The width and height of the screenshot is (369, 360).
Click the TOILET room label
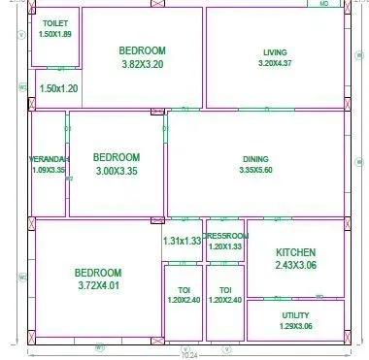55,23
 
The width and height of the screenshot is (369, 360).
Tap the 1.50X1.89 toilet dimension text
55,34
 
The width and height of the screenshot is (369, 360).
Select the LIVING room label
275,52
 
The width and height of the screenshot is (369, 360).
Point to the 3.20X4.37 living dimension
275,63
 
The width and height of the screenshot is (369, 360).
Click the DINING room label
256,159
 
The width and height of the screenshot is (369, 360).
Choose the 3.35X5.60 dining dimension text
256,170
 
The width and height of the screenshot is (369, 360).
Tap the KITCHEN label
296,251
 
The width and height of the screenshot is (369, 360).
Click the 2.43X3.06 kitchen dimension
296,264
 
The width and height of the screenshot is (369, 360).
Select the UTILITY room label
295,315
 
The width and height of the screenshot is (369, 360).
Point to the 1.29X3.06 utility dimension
295,326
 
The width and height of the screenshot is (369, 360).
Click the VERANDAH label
49,159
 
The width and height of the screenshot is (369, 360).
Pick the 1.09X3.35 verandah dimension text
49,170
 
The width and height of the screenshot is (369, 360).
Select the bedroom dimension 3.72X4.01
97,286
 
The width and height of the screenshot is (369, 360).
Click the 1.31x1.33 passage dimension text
182,241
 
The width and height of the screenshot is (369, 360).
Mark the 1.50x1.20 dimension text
57,88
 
